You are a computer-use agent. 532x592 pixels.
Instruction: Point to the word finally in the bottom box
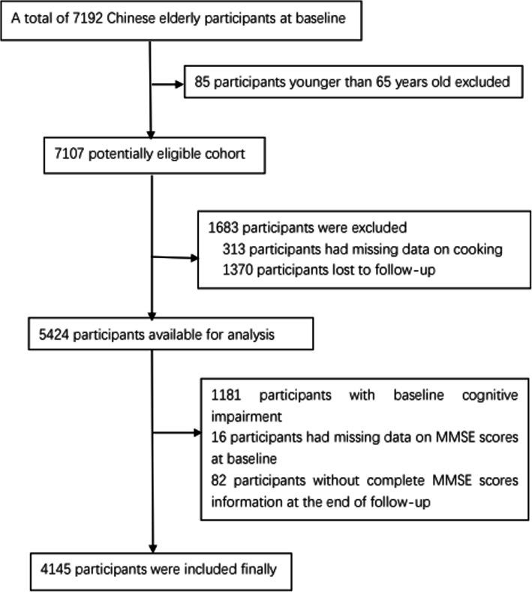click(x=255, y=569)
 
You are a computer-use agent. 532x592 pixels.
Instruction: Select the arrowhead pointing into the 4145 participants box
click(x=153, y=548)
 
